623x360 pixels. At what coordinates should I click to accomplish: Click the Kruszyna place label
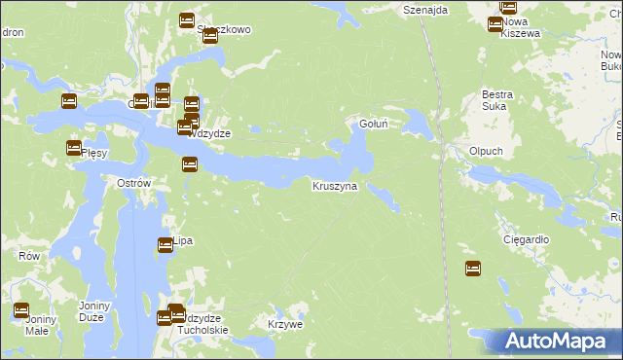335,185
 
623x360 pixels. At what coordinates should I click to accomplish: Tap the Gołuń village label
376,124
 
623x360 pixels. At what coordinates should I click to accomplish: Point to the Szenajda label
425,9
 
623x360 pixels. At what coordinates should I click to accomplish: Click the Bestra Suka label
497,100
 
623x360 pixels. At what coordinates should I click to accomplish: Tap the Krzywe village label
285,324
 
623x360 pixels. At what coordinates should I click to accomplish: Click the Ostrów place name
133,184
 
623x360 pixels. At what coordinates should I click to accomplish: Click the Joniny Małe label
39,325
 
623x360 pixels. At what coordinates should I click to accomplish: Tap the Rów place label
29,256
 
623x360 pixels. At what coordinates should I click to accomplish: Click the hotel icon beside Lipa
165,245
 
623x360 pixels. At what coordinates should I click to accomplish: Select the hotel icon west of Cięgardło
473,269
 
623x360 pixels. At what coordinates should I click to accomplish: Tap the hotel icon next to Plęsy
74,148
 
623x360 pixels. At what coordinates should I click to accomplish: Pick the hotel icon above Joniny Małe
21,310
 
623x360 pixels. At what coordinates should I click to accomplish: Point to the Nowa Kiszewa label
520,27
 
